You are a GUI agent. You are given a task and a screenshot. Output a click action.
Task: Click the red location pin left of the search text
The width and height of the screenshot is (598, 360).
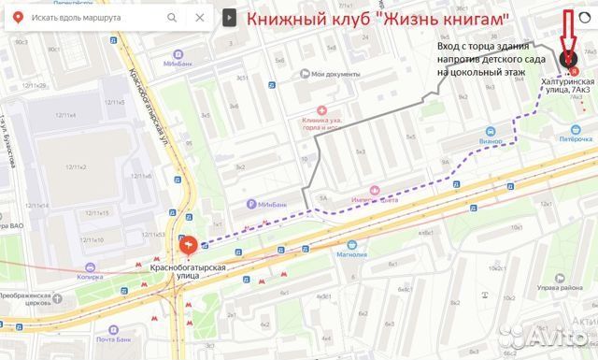click(16, 17)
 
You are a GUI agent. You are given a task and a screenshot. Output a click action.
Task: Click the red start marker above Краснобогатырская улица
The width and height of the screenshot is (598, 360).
click(187, 246)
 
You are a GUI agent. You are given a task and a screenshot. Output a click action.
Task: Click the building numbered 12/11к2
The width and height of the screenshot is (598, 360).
click(75, 166)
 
